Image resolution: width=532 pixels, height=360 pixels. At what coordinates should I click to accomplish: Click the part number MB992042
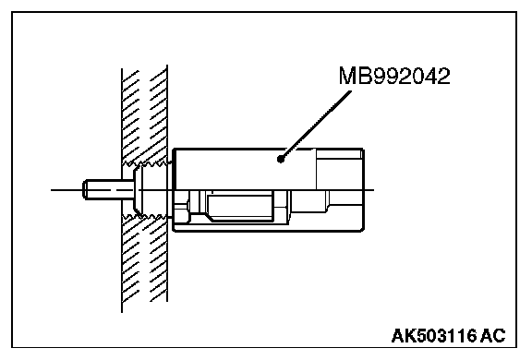click(x=394, y=76)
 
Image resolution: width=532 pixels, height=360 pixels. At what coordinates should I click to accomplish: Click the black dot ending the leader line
click(x=281, y=159)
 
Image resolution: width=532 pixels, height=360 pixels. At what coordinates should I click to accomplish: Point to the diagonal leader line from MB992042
click(x=316, y=125)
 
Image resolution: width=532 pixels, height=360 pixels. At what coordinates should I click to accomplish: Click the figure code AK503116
click(x=434, y=336)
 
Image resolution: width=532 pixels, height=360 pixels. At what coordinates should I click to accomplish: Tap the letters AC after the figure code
click(x=493, y=336)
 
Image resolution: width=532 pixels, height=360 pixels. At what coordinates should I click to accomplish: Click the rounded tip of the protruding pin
click(x=85, y=189)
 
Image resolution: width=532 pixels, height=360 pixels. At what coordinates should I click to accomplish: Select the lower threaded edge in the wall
click(x=147, y=216)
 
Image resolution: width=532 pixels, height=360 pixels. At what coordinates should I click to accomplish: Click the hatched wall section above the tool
click(x=144, y=115)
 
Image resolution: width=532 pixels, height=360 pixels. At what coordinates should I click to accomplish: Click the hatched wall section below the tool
click(x=144, y=261)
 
